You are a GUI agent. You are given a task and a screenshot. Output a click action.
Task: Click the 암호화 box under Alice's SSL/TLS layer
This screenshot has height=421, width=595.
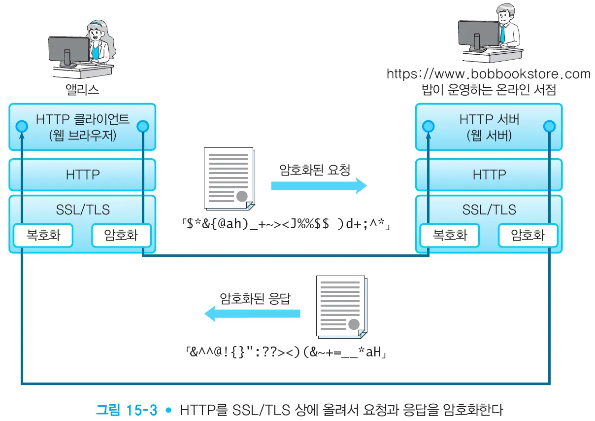point(121,235)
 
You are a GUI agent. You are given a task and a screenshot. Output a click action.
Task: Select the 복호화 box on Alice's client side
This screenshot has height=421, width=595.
point(43,235)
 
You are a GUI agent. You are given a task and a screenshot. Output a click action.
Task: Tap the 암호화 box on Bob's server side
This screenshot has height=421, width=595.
point(528,235)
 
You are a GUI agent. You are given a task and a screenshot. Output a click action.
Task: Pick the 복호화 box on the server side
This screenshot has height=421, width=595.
point(450,235)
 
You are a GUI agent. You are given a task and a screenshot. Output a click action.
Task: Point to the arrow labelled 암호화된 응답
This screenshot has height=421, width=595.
point(253,314)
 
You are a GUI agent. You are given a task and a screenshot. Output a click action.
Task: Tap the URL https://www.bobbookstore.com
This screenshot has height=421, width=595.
point(488,74)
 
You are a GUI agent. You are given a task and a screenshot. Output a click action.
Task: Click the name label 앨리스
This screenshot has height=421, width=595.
point(82,89)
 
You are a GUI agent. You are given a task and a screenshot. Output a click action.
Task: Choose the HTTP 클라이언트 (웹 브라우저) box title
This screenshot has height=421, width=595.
point(82,127)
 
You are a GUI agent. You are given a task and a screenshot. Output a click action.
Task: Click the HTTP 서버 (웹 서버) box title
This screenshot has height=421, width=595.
point(489,127)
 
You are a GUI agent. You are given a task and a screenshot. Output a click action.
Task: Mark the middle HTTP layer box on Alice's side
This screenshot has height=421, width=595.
point(82,175)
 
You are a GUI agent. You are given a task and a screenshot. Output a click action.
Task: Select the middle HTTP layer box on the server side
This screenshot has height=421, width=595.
point(489,175)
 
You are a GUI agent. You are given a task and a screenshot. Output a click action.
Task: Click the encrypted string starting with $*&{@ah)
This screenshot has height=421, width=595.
point(285,226)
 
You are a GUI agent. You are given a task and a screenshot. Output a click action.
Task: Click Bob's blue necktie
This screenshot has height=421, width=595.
point(502,34)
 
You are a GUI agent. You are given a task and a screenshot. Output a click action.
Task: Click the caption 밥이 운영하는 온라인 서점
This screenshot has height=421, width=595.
point(488,90)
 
